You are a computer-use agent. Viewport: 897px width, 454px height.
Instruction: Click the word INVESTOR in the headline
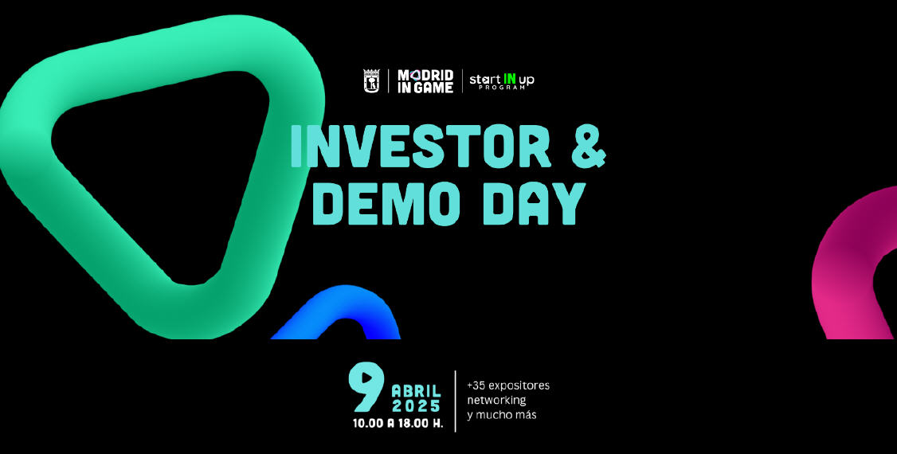click(419, 147)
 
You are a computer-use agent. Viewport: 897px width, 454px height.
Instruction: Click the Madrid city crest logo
click(372, 81)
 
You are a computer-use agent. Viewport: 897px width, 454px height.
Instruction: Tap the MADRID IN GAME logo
click(425, 81)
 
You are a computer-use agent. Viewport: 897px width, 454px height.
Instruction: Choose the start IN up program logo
click(501, 81)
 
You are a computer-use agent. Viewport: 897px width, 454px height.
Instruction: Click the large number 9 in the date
click(367, 388)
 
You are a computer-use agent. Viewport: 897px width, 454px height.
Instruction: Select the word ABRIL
click(416, 390)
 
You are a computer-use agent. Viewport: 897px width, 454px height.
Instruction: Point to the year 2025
click(416, 405)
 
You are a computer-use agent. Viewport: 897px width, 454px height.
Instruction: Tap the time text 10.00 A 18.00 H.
click(398, 423)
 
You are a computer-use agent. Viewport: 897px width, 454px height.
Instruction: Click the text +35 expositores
click(507, 386)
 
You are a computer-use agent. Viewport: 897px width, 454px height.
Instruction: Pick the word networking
click(496, 400)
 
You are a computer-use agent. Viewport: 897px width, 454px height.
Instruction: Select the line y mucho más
click(501, 415)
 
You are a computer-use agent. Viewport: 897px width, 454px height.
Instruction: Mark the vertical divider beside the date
click(456, 401)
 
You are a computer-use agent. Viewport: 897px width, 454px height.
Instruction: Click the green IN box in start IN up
click(508, 79)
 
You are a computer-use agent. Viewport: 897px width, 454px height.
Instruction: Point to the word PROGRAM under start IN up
click(501, 88)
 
